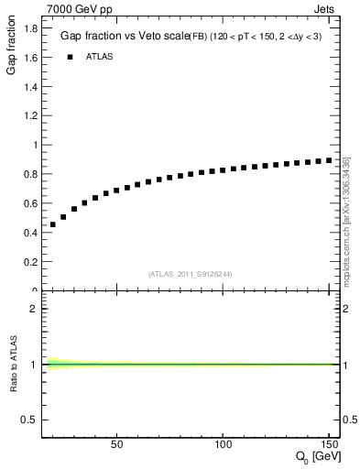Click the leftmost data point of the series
pos(53,224)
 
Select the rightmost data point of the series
pos(330,160)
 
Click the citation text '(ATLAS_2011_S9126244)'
pos(191,273)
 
